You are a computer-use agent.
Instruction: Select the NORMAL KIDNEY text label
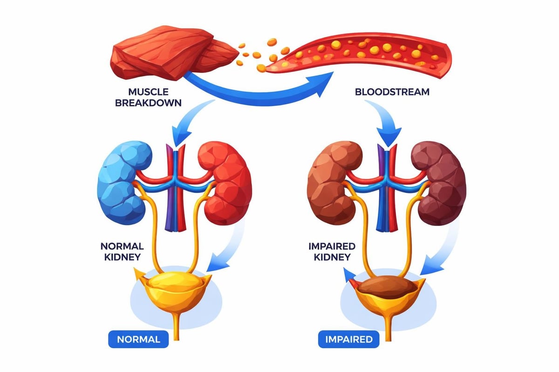(122, 251)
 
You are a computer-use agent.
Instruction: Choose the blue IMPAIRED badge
(349, 339)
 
